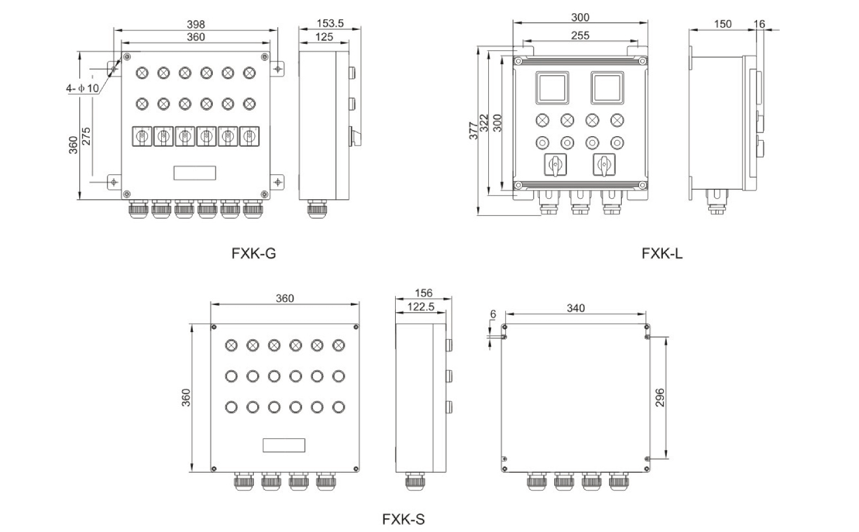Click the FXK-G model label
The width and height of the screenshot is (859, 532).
253,254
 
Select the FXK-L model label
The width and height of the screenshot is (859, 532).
662,254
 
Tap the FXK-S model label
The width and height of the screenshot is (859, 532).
403,519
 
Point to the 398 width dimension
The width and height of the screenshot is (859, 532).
196,24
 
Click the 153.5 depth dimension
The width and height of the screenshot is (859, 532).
330,23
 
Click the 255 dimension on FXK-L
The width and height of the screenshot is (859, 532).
580,35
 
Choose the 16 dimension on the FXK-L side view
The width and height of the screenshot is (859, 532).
759,24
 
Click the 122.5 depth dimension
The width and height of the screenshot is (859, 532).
420,307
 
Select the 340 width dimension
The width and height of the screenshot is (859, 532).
576,308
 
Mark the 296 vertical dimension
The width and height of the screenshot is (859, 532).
660,398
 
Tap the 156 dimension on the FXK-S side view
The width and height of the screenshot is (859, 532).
423,293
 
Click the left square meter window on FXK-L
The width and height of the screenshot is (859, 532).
551,88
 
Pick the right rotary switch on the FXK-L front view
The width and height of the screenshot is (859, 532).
604,164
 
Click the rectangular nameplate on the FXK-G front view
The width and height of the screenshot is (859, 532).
195,173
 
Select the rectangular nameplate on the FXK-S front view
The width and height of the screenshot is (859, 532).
284,445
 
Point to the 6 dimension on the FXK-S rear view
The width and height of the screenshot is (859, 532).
493,314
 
